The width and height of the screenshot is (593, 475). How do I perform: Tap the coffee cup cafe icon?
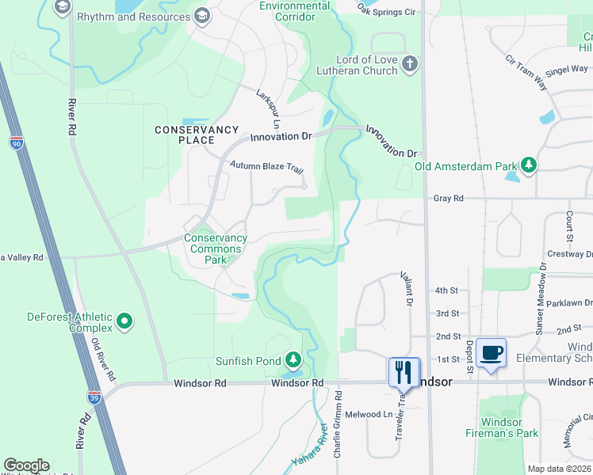click(491, 351)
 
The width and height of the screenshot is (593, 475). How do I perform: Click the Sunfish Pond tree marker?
click(293, 361)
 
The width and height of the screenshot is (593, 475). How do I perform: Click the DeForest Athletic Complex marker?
click(124, 321)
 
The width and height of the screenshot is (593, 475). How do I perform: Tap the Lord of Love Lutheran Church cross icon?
click(409, 64)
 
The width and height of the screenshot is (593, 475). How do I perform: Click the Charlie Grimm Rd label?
click(338, 431)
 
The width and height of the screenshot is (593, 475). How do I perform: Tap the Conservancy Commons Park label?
click(215, 249)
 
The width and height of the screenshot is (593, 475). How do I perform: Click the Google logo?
click(26, 465)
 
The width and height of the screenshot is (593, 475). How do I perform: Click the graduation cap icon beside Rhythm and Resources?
click(202, 16)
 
